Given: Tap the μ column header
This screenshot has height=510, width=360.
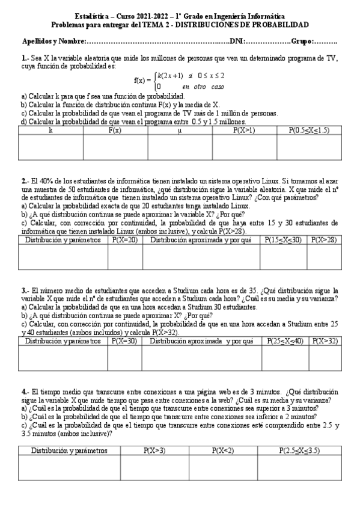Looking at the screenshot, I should (180, 129).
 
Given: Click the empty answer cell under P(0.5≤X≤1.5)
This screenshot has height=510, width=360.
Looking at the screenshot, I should (308, 147).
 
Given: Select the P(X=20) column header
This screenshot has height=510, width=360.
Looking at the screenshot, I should (125, 239).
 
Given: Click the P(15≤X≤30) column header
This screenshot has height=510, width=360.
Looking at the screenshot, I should (283, 239).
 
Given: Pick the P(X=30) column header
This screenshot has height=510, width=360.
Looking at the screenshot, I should (125, 341).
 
